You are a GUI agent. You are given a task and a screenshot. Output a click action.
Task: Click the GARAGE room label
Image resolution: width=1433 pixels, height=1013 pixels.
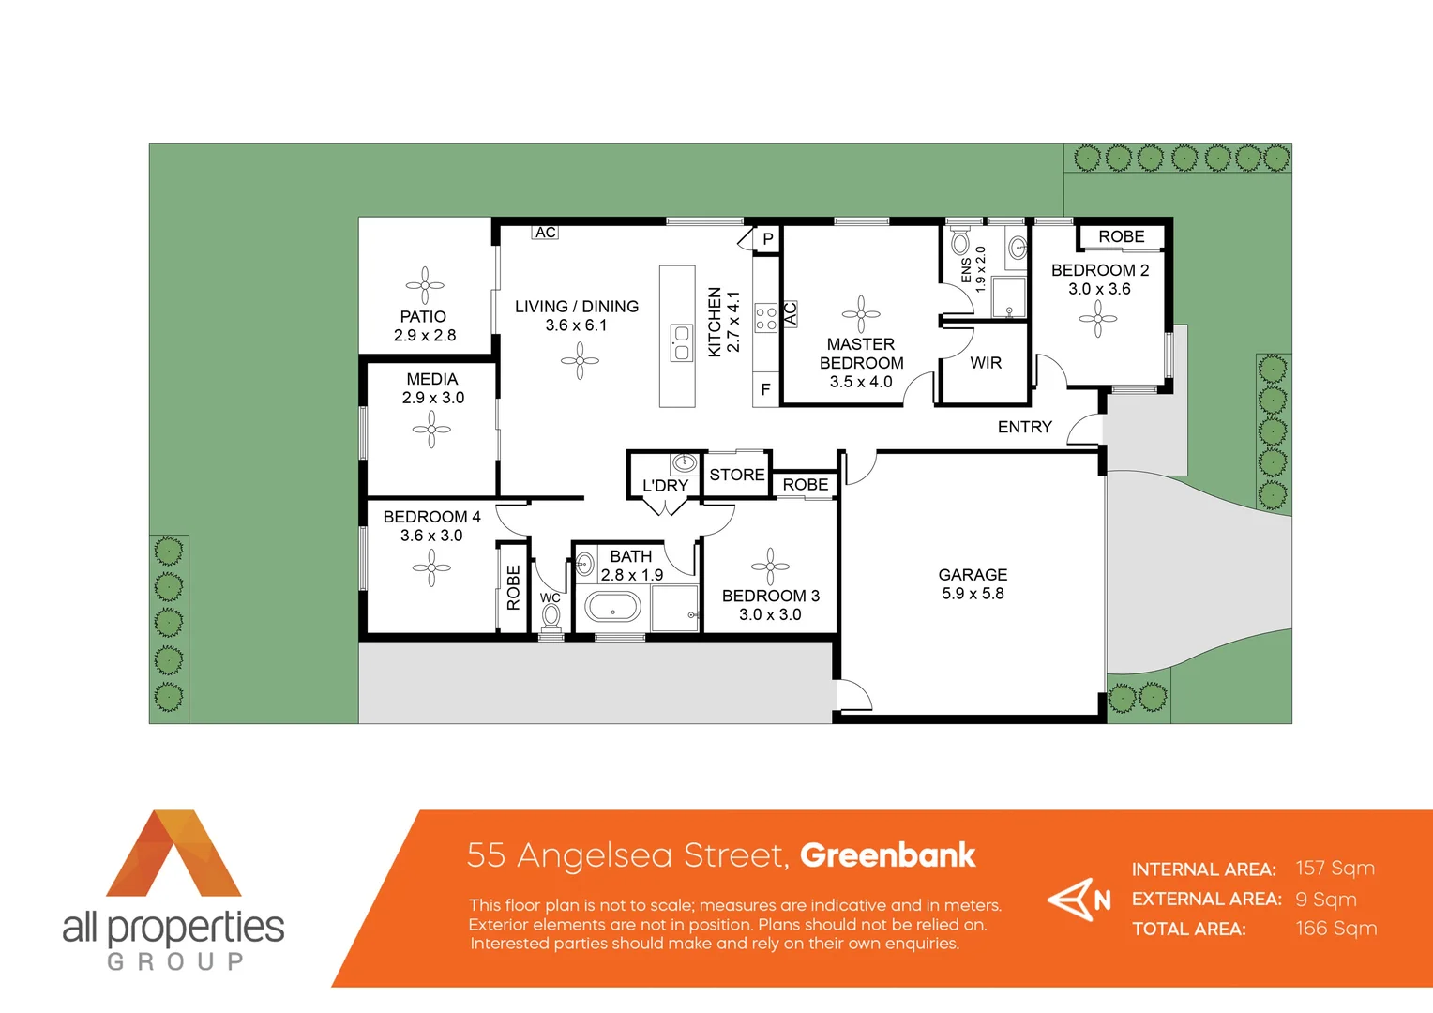click(973, 575)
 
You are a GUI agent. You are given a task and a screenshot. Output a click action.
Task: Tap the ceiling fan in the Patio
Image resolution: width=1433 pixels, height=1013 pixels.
click(425, 285)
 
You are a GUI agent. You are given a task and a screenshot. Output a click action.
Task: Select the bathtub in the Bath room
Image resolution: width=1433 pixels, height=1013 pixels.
click(612, 609)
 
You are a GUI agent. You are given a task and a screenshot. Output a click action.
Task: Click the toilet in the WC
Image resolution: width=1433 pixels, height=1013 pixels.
click(551, 616)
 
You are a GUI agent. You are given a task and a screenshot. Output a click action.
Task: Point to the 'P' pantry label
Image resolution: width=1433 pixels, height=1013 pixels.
click(767, 239)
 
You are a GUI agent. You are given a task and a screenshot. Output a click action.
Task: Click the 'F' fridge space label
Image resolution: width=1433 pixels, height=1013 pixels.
click(765, 389)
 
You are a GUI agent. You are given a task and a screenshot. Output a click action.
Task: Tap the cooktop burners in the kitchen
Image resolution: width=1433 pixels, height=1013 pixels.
click(765, 318)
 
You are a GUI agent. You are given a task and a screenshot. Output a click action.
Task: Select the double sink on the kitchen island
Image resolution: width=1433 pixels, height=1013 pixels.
click(681, 342)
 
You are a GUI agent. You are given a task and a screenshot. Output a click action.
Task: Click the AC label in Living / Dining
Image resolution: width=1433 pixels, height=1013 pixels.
click(546, 233)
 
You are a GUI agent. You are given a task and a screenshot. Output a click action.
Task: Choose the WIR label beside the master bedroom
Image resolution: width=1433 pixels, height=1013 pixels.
click(986, 363)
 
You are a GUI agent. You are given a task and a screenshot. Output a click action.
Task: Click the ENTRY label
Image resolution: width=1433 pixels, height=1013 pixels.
click(1024, 427)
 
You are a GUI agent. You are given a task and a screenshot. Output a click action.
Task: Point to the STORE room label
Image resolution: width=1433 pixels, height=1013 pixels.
click(736, 475)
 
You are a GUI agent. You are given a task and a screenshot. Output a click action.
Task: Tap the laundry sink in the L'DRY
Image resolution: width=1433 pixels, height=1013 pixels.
click(684, 462)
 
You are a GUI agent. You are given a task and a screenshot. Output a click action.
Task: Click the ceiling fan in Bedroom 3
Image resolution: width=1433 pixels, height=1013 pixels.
click(770, 567)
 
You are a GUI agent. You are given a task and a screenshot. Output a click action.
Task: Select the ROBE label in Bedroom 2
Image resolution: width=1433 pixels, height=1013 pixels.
click(1121, 237)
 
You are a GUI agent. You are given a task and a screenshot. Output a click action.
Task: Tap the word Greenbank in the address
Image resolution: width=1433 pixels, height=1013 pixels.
click(887, 855)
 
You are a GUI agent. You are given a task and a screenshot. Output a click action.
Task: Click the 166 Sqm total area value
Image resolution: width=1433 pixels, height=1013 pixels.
click(1335, 929)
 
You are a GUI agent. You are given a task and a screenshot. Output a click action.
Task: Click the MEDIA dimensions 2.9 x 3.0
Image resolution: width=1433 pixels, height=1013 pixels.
click(432, 398)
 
